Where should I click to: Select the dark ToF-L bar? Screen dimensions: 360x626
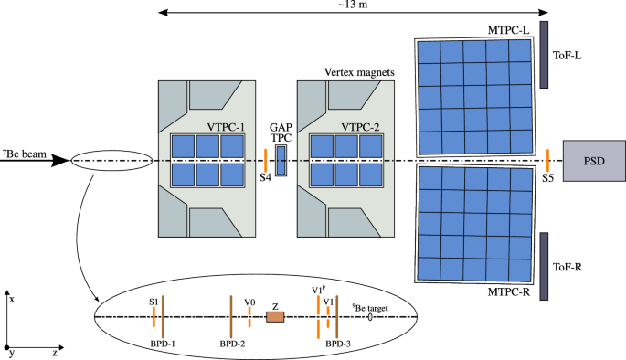545,54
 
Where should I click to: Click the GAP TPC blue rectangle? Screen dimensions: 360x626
281,160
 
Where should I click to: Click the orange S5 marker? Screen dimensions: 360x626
546,159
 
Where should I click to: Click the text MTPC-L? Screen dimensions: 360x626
508,31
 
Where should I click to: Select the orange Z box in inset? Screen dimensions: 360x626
274,317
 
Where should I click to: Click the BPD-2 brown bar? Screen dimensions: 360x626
231,316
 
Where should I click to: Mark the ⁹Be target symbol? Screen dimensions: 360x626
370,317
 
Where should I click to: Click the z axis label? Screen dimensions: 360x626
55,352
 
